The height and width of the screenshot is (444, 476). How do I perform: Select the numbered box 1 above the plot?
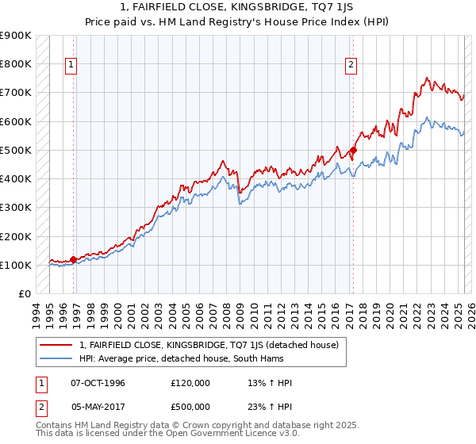point(71,66)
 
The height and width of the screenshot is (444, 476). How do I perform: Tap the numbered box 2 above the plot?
point(350,66)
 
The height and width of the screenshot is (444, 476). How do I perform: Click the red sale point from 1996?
point(74,258)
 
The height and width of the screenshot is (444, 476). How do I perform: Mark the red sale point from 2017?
point(354,150)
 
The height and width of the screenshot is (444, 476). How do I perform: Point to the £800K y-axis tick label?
point(16,63)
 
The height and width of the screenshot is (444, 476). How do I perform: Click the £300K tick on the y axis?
point(16,208)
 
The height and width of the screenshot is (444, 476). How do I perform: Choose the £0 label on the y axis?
point(24,294)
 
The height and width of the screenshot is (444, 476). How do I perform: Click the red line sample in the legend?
point(56,345)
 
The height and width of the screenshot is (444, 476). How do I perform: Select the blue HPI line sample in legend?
point(56,358)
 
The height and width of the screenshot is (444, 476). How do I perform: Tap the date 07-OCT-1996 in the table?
point(98,383)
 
